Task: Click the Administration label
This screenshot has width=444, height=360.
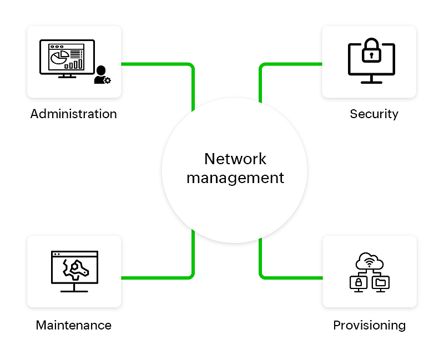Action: tap(74, 114)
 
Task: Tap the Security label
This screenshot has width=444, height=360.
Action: tap(374, 114)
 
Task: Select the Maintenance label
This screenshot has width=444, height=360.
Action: tap(74, 325)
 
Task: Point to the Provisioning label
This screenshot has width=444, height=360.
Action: tap(369, 325)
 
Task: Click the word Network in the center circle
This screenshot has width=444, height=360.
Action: tap(235, 159)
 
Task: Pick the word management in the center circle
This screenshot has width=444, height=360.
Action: tap(235, 178)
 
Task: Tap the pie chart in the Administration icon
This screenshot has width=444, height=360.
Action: tap(57, 58)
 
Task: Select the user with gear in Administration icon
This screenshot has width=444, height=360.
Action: tap(102, 75)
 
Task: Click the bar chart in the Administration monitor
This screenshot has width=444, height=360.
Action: tap(74, 64)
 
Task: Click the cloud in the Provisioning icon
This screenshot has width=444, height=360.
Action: tap(369, 261)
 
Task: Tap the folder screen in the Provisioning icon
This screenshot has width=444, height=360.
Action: tap(380, 282)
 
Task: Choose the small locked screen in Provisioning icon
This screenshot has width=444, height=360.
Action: tap(359, 282)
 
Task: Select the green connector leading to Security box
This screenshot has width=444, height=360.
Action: tap(289, 64)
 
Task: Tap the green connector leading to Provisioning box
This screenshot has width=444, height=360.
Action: tap(289, 277)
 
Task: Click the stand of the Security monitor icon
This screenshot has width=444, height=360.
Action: tap(371, 80)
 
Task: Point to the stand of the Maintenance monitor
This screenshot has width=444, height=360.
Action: tap(74, 287)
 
